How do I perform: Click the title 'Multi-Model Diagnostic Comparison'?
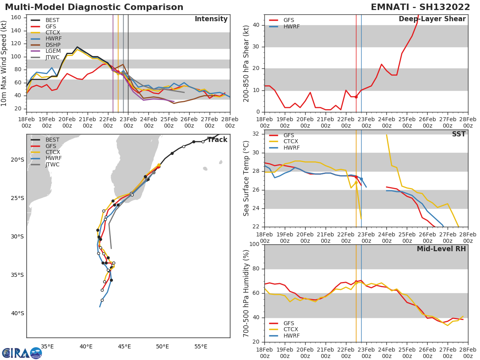click(94, 7)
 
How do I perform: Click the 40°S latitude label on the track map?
click(17, 313)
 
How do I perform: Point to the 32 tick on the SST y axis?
click(256, 134)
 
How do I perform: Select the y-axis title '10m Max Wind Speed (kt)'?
click(4, 63)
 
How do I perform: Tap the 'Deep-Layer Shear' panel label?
click(432, 19)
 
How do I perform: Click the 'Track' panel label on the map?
click(218, 140)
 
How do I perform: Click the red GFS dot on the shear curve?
click(356, 97)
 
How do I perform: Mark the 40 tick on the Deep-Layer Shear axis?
click(256, 25)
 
